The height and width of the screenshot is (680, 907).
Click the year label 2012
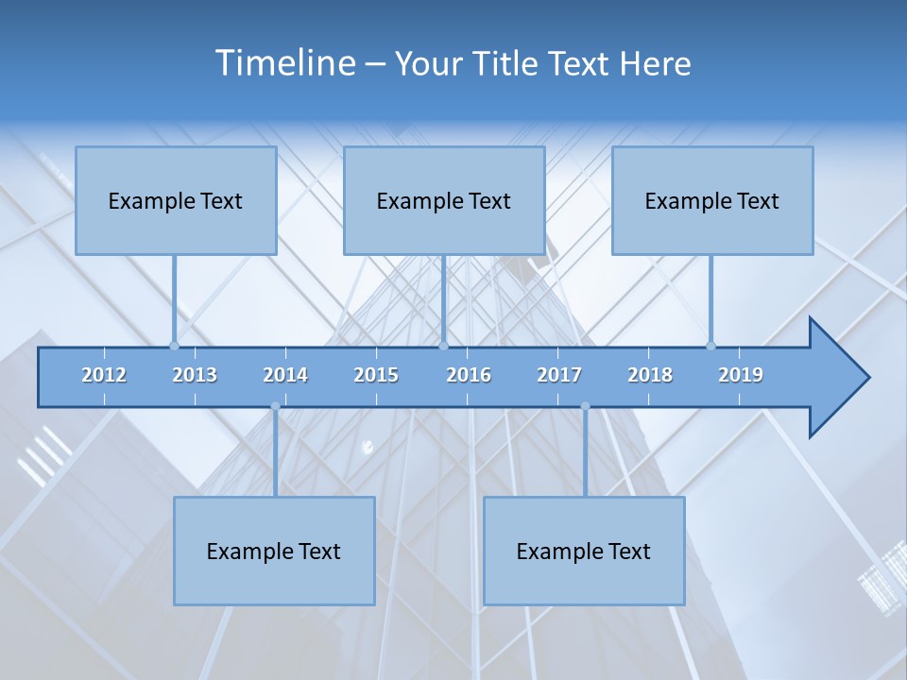[104, 375]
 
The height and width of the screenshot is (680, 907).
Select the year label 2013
[195, 375]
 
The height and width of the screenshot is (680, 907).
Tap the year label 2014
[285, 375]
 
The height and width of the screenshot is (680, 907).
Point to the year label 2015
[376, 375]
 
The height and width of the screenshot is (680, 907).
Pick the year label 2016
[469, 375]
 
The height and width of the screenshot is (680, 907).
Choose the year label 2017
[559, 375]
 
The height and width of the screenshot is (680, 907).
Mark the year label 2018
[650, 375]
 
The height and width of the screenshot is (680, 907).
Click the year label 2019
[741, 375]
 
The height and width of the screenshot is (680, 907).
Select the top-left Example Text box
[176, 200]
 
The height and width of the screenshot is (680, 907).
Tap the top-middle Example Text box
[444, 200]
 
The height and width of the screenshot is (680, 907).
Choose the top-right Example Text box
[712, 200]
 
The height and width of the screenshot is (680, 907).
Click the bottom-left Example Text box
[274, 551]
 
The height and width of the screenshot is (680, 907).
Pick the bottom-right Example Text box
[584, 551]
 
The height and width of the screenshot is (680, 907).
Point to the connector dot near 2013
[174, 346]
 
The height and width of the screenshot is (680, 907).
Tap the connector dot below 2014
[275, 406]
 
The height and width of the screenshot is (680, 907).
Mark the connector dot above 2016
[444, 346]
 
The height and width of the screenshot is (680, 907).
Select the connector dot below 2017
[585, 406]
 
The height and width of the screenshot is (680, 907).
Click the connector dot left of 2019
[711, 346]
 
